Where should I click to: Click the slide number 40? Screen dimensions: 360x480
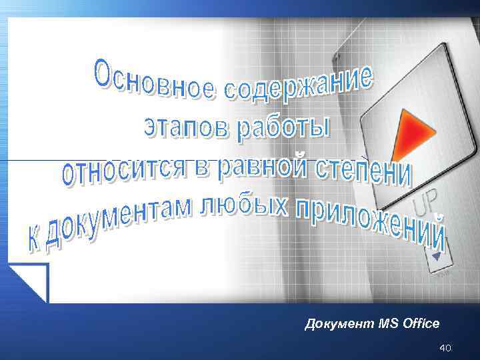point(445,348)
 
